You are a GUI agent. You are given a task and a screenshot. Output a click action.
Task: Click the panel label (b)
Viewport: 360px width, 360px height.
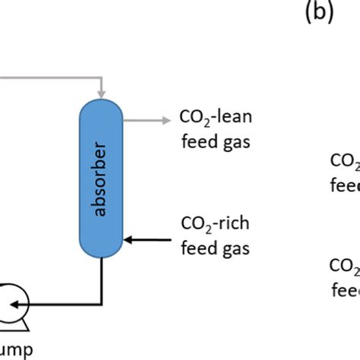319,16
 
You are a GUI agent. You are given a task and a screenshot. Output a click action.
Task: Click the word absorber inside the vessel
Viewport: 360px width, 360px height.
102,179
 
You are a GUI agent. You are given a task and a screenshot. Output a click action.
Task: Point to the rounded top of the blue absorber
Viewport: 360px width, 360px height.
102,107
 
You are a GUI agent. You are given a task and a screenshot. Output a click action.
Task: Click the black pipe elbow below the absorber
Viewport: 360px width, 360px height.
102,303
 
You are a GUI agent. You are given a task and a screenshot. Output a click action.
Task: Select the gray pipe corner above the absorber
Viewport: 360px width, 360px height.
102,77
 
